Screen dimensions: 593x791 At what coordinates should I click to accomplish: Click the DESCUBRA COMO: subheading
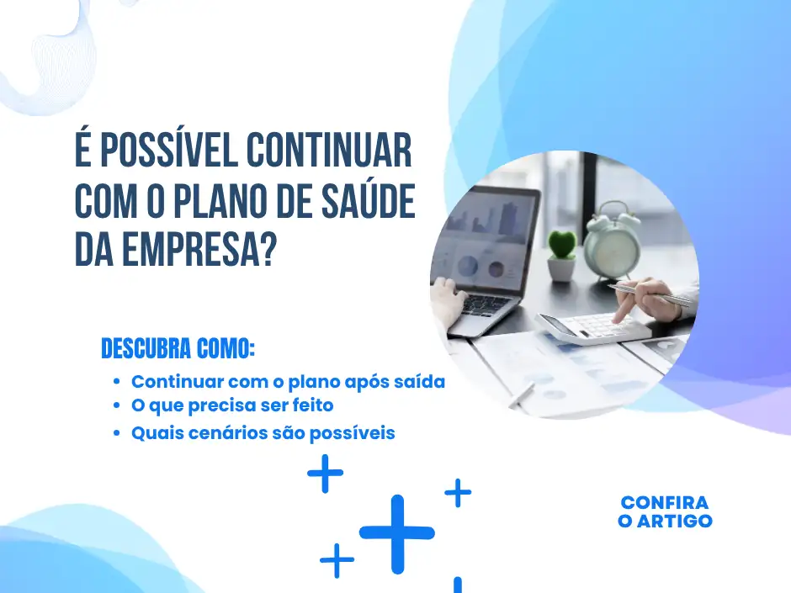click(178, 348)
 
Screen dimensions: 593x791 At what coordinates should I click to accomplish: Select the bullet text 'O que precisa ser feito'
click(232, 405)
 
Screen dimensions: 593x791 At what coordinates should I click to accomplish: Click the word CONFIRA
click(665, 503)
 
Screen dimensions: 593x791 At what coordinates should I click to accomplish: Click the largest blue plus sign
click(396, 533)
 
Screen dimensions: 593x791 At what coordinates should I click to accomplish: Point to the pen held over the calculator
click(648, 294)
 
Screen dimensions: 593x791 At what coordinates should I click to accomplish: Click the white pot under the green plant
click(561, 268)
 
